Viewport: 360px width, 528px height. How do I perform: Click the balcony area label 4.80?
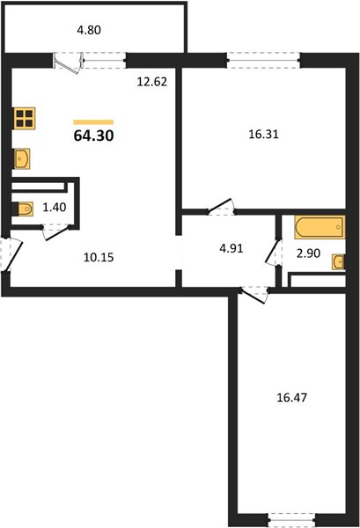89,30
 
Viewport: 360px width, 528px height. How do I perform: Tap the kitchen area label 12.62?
152,82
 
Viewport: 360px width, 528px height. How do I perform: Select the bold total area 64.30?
93,136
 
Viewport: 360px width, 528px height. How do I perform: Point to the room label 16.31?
263,135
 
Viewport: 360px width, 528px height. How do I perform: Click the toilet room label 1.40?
55,208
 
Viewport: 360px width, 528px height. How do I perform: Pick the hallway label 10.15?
99,258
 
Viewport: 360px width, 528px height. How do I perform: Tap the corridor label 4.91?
231,248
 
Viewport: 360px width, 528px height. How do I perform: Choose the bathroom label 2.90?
308,253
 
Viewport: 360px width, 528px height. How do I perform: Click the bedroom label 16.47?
291,398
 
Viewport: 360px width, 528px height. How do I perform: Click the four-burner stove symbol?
25,118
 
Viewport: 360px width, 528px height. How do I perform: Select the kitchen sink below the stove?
22,158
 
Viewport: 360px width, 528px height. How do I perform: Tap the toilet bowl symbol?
23,209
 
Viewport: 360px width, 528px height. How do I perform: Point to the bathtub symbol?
320,227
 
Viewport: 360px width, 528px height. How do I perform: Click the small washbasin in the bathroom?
338,262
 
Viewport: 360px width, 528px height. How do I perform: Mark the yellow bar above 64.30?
93,122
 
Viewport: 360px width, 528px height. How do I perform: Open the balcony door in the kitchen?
69,63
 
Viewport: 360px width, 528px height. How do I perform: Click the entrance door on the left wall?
11,254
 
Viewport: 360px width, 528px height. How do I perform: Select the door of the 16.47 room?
254,294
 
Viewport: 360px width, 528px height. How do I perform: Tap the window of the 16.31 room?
264,60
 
